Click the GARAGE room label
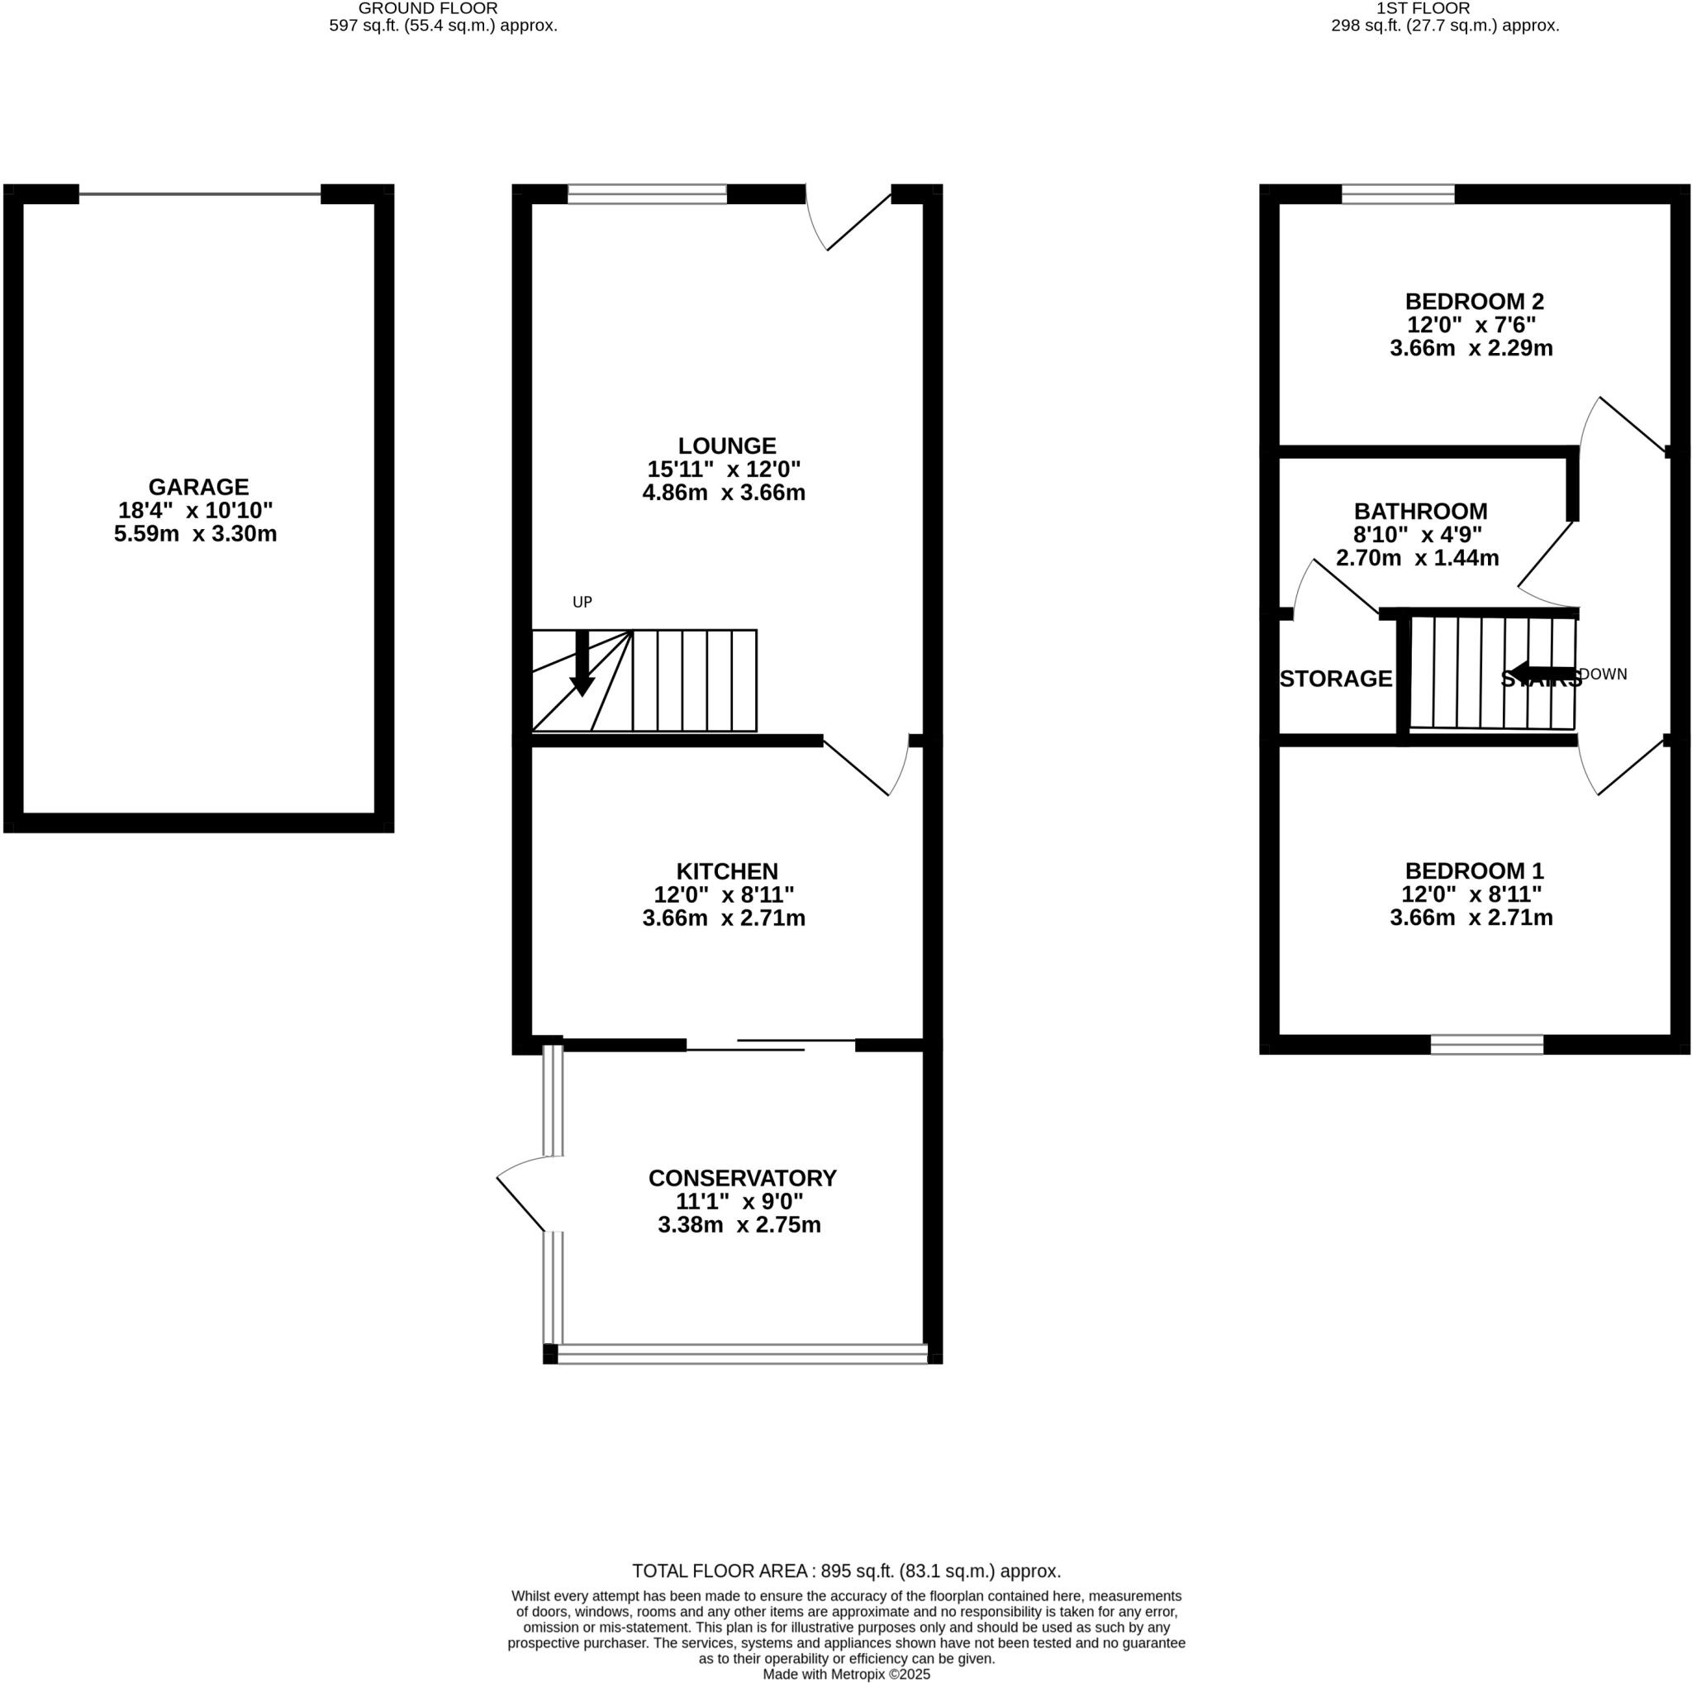pos(198,487)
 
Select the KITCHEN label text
pos(726,871)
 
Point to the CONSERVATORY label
pos(742,1177)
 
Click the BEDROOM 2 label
pos(1474,302)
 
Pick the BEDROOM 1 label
pos(1474,871)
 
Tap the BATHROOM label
pos(1419,511)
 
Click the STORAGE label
pos(1336,679)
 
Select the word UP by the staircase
pos(582,602)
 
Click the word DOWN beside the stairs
pos(1603,674)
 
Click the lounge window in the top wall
pos(647,193)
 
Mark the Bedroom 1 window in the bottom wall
pos(1486,1043)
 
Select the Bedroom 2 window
pos(1398,193)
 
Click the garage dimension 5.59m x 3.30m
pos(195,533)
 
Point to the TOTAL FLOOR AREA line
pos(846,1571)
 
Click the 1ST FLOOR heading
pos(1445,9)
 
